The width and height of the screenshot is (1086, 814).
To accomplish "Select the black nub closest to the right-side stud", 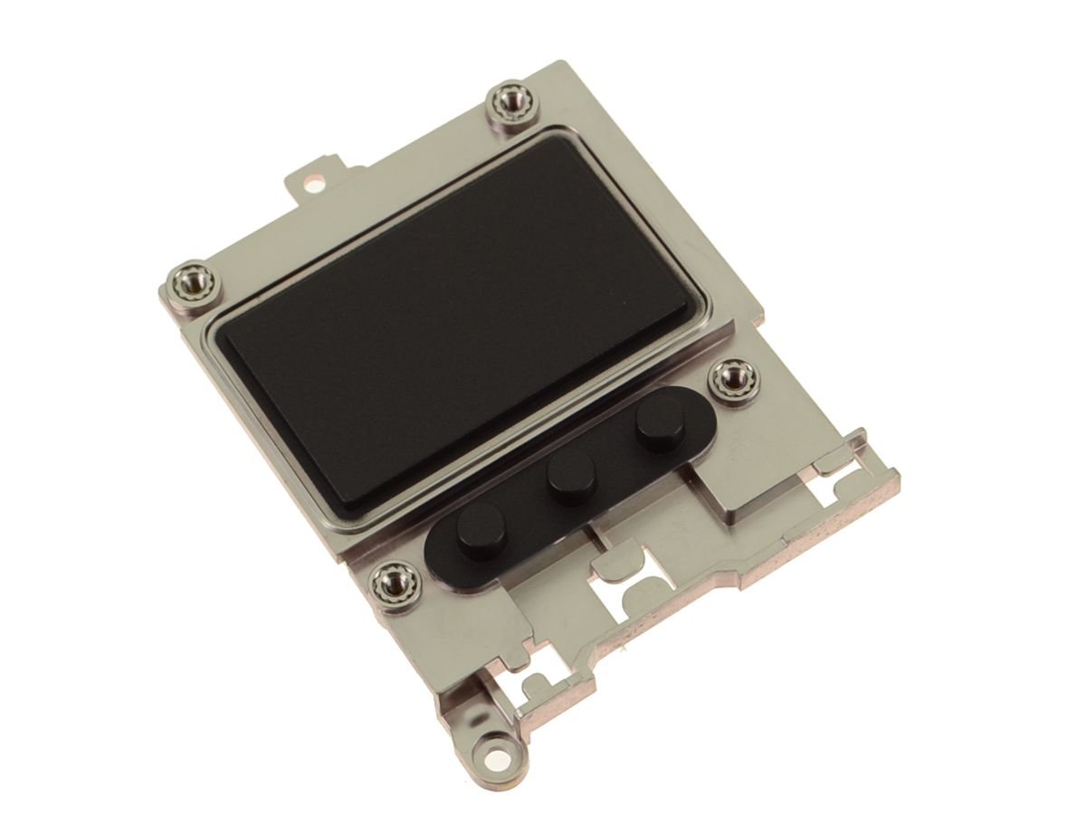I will pyautogui.click(x=658, y=425).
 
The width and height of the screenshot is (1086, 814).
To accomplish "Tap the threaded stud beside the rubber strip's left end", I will pyautogui.click(x=395, y=579).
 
